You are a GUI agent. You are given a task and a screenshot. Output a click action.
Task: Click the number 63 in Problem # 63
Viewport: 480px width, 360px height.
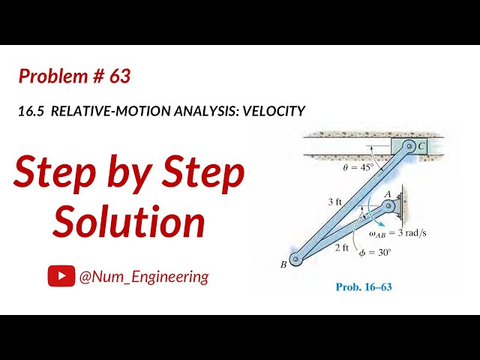coord(118,76)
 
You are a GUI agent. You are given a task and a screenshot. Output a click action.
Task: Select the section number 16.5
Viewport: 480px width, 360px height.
coord(31,111)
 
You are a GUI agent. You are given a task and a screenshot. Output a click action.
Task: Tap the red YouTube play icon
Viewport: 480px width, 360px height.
coord(61,277)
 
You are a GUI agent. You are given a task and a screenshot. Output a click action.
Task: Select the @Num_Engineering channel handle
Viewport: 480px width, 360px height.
coord(144,277)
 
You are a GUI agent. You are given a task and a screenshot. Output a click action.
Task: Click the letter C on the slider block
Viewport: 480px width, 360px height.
coord(421,146)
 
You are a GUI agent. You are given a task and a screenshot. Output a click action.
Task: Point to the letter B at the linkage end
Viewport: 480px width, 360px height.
coord(284,264)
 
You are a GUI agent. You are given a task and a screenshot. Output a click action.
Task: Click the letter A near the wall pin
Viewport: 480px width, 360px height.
coord(388,193)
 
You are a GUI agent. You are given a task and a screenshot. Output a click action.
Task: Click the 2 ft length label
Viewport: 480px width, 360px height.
coord(341,247)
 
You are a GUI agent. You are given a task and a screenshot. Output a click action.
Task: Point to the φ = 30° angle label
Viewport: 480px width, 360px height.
coord(374,253)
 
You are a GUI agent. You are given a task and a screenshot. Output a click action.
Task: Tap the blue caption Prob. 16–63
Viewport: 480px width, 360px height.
coord(364,286)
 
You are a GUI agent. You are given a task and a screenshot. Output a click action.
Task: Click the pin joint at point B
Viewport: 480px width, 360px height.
coord(295,259)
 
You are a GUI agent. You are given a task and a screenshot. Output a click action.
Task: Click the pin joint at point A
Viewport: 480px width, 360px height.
coord(388,205)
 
